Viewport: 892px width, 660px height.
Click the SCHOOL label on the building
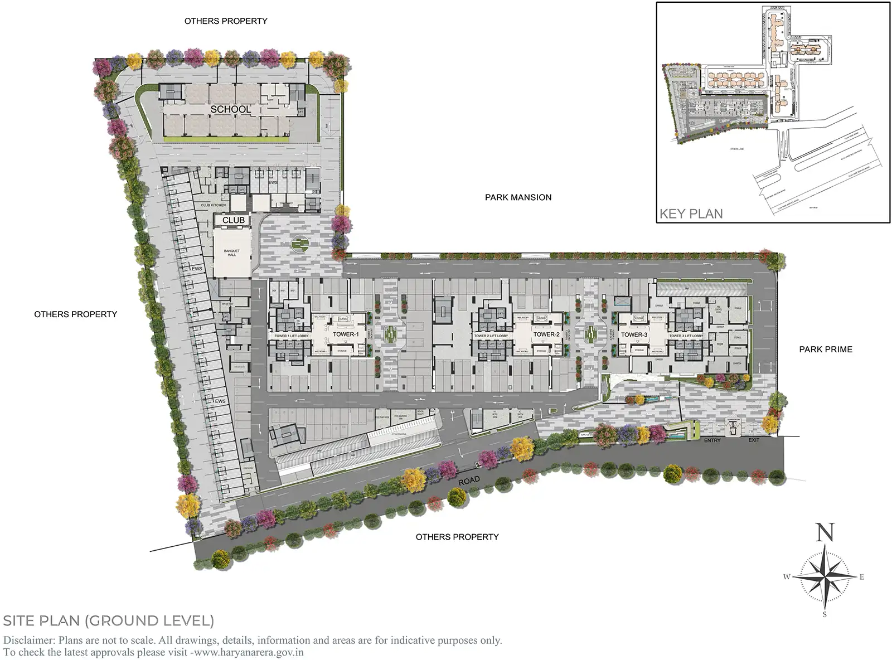[x=230, y=110]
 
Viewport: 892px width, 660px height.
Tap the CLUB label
[x=234, y=221]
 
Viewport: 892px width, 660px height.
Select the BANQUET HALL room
[x=232, y=253]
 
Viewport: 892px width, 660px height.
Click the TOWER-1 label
[x=346, y=334]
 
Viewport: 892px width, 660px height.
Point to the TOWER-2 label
[x=546, y=334]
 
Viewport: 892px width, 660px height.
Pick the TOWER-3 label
[x=634, y=335]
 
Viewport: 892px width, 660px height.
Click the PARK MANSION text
[x=518, y=197]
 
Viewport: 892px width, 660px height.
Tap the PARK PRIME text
[x=826, y=350]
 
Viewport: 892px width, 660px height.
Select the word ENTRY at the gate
[x=712, y=441]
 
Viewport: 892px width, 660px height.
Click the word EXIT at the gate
[x=754, y=440]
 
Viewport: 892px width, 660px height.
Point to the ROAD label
[x=469, y=481]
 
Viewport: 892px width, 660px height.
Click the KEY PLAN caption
[x=691, y=214]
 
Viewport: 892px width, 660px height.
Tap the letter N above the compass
[x=825, y=533]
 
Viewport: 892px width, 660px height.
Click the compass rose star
[x=825, y=576]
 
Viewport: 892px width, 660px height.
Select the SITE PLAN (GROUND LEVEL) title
[x=109, y=620]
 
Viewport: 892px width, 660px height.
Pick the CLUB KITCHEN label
[x=214, y=205]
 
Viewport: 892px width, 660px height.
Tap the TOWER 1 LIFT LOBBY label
[x=291, y=336]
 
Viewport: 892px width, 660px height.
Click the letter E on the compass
[x=861, y=577]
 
